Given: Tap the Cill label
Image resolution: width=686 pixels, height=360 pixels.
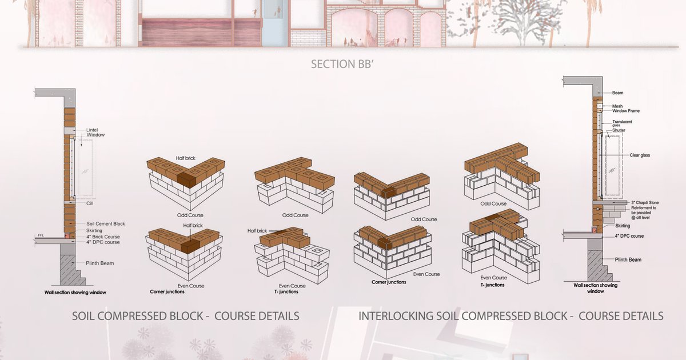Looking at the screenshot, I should tap(90, 203).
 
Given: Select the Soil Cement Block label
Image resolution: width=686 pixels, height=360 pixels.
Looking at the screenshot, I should tap(106, 223).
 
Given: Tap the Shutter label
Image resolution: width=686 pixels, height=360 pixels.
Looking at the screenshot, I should tap(619, 130).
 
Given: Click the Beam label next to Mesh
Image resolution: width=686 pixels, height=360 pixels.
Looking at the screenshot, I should tap(617, 93).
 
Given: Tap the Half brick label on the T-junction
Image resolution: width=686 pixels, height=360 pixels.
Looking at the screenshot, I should tap(258, 230).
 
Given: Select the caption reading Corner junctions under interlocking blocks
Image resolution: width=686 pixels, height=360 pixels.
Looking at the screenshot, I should tap(389, 282).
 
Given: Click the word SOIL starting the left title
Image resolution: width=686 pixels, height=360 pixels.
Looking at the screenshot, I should tap(85, 316).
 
